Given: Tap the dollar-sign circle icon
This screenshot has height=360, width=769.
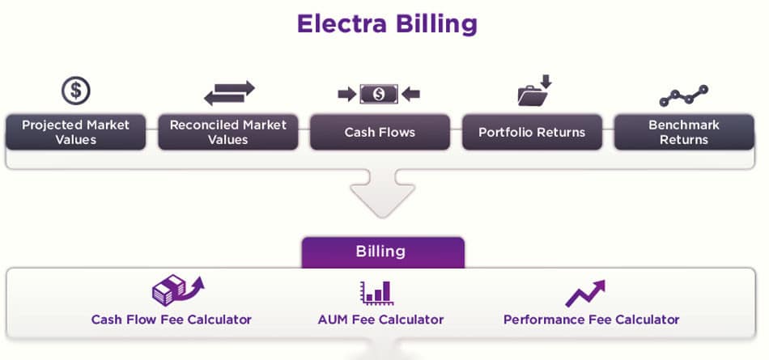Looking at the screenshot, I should (76, 90).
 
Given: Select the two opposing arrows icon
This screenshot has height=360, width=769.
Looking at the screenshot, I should (228, 92).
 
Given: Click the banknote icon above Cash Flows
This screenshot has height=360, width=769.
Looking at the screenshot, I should (379, 95).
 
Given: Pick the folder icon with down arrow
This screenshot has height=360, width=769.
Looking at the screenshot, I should (533, 91).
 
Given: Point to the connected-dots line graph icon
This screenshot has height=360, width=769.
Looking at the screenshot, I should (683, 95).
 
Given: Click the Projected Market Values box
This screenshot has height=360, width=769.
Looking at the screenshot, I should (76, 132).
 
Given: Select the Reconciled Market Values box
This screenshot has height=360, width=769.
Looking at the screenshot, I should (228, 132).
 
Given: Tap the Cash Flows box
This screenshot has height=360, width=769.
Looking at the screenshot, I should (380, 132).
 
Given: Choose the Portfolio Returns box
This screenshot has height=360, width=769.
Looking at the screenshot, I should (532, 132).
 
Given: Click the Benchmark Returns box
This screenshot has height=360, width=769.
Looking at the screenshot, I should (684, 132).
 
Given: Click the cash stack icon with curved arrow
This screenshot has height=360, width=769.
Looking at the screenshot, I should (177, 290).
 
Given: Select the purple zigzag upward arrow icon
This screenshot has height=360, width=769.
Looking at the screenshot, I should (584, 293).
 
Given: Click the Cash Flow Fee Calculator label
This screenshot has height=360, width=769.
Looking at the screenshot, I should (172, 320).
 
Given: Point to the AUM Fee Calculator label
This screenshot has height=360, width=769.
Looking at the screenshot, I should (380, 320).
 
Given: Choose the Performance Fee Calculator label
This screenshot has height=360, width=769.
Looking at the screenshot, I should (591, 320).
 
